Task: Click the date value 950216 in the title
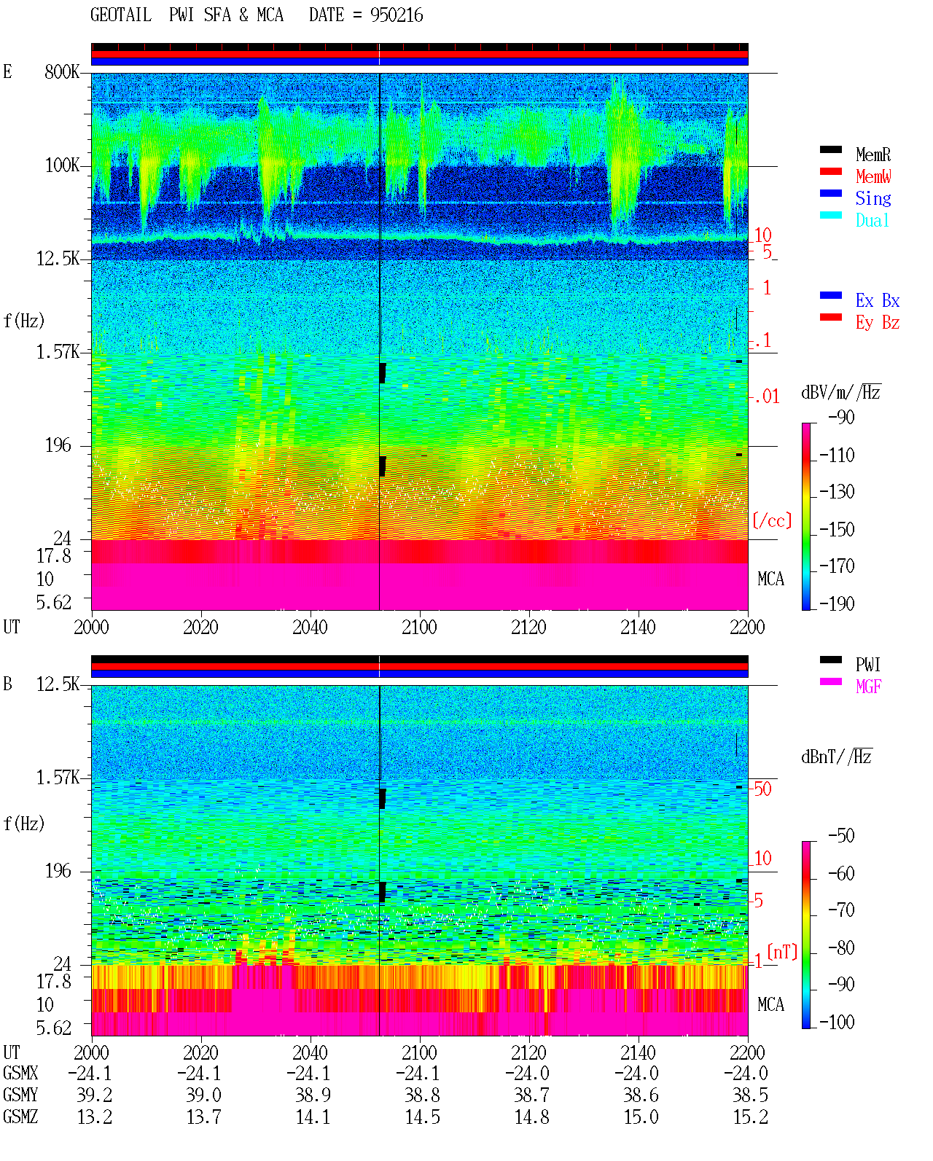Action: tap(397, 15)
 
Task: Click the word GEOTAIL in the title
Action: tap(121, 15)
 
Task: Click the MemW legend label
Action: tap(873, 176)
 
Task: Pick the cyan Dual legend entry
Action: tap(872, 220)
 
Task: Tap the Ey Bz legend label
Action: tap(878, 323)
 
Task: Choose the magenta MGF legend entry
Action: tap(868, 687)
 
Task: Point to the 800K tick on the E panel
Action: tap(62, 71)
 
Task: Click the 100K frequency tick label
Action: tap(62, 165)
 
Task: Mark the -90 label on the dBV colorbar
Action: tap(841, 417)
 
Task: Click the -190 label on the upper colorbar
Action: tap(837, 603)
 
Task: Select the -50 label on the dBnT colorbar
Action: tap(841, 836)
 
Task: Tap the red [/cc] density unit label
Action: tap(772, 520)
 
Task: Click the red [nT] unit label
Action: tap(782, 952)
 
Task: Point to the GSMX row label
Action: tap(20, 1073)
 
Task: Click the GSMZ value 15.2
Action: tap(750, 1117)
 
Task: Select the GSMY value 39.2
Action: tap(95, 1095)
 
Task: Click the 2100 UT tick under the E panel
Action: tap(419, 628)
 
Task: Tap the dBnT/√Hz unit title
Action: tap(837, 757)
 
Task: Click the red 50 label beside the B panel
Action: tap(762, 789)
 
